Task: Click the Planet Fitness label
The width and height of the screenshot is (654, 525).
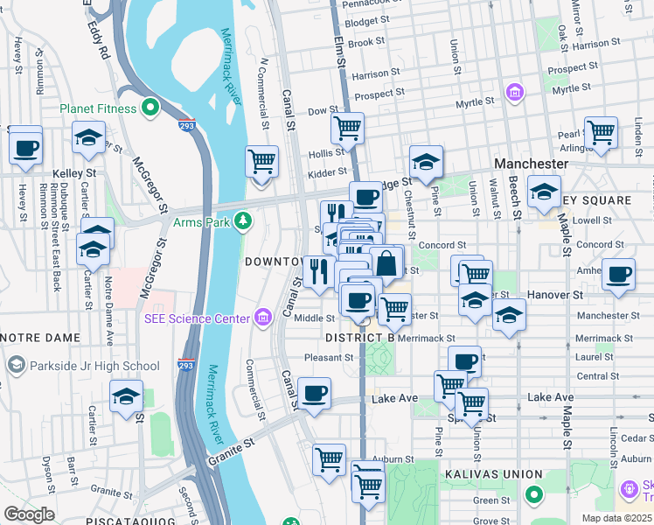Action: (x=98, y=108)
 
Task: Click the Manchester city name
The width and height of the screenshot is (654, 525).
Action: (x=531, y=164)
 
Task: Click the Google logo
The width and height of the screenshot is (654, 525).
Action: (x=29, y=514)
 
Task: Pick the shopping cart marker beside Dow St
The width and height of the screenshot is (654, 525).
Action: (x=348, y=129)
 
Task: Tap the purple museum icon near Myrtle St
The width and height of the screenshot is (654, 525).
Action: (x=514, y=92)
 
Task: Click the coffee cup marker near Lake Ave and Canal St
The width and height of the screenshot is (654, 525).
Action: (x=314, y=394)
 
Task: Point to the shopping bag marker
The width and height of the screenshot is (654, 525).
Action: (x=386, y=262)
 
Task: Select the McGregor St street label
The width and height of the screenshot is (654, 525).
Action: (x=151, y=185)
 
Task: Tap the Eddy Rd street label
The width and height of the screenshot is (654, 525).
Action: (x=98, y=39)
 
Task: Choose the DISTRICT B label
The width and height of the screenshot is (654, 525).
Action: (x=359, y=338)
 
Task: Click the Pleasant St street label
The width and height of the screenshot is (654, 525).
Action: (x=328, y=357)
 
